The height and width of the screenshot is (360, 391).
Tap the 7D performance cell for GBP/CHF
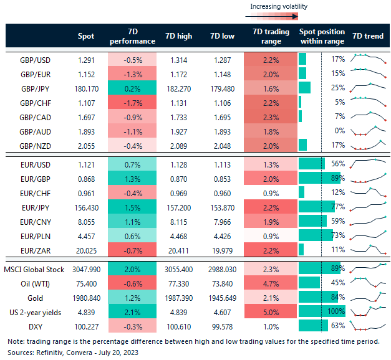pyautogui.click(x=132, y=102)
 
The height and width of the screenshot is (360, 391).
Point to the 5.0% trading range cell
pyautogui.click(x=270, y=311)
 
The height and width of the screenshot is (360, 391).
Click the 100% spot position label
pyautogui.click(x=337, y=311)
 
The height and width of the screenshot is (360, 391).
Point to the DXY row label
pyautogui.click(x=44, y=325)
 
